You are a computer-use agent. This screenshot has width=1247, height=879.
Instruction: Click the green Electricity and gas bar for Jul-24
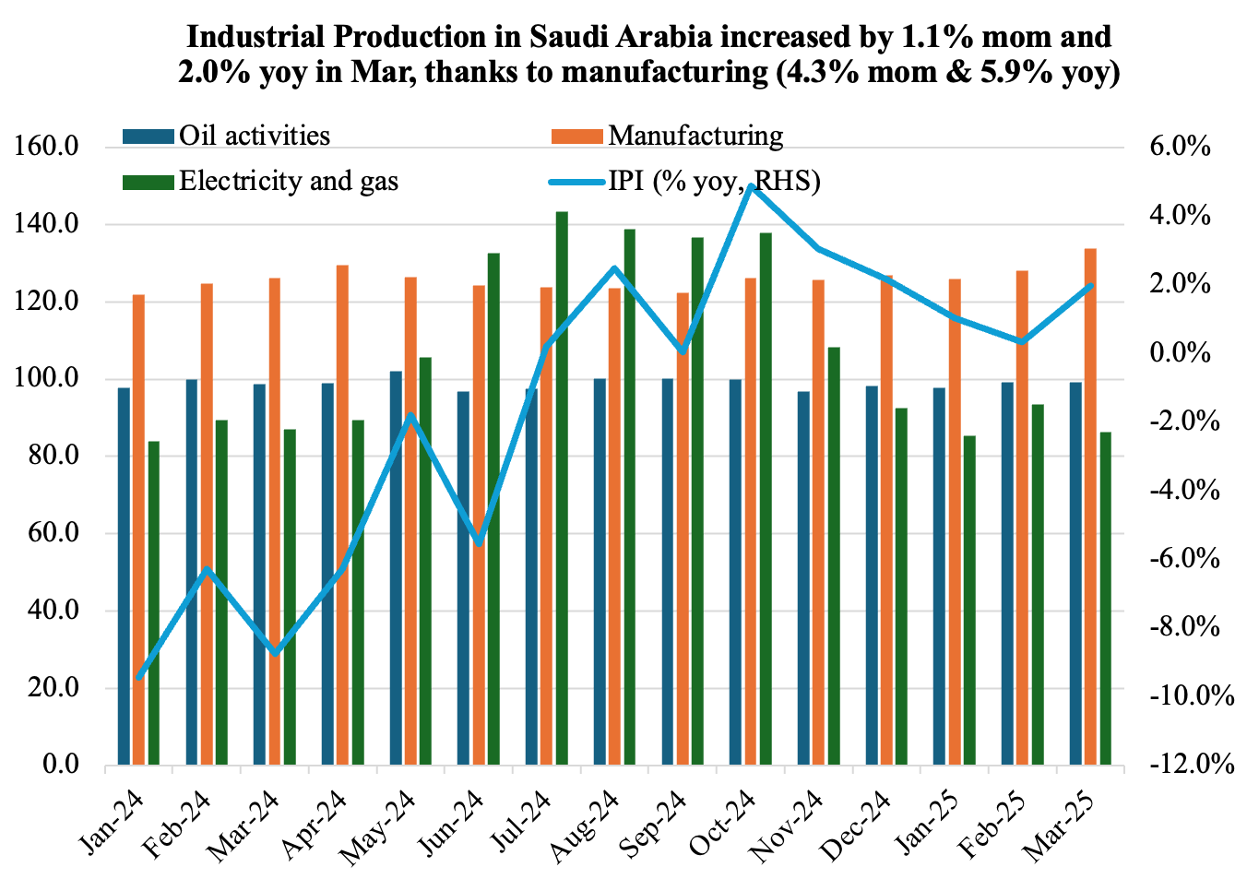point(562,489)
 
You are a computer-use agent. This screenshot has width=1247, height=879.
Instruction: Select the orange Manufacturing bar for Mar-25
point(1090,507)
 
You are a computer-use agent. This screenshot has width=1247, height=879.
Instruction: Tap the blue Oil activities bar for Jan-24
point(124,576)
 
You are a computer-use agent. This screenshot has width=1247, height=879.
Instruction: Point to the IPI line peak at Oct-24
point(752,186)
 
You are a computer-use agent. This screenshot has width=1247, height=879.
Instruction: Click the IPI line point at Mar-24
point(275,653)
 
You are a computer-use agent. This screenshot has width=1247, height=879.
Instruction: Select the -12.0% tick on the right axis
point(1190,765)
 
